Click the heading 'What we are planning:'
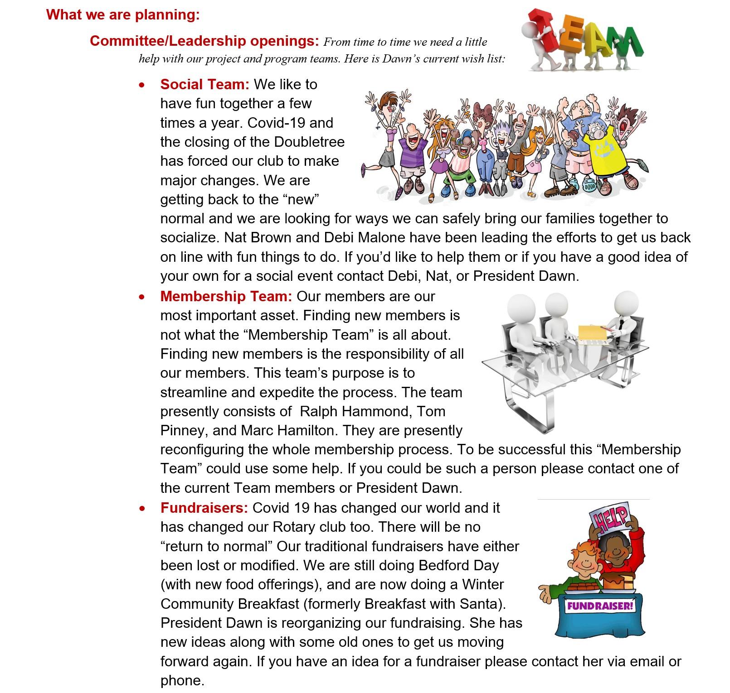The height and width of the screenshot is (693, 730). (123, 14)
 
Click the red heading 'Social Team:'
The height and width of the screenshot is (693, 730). (204, 84)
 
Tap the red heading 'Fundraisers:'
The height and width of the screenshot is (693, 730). (204, 508)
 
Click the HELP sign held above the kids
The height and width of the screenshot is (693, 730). (610, 517)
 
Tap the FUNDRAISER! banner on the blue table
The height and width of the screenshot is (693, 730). (599, 606)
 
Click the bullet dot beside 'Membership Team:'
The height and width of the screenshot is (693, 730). (142, 297)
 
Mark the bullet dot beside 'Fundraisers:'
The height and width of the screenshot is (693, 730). (142, 509)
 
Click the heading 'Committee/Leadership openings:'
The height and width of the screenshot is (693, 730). (205, 41)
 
